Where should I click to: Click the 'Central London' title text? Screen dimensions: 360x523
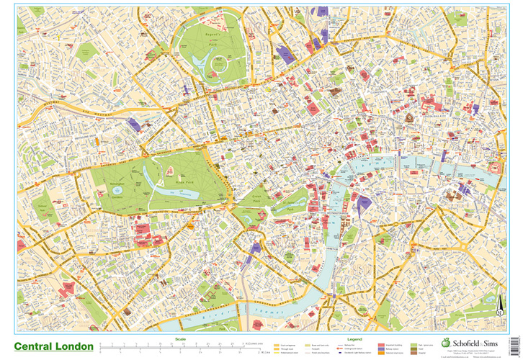[x=53, y=346]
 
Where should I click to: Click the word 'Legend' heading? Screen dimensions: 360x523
[x=355, y=338]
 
